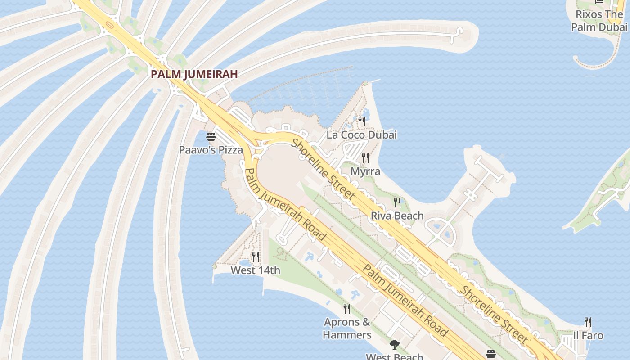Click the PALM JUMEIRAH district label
coord(194,74)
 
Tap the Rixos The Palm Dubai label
coord(599,21)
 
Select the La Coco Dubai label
coord(362,135)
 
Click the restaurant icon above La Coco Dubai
coord(362,121)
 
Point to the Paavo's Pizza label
coord(211,150)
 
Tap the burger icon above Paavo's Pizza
coord(211,137)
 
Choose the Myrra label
coord(365,171)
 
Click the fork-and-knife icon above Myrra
coord(365,158)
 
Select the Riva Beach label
coord(397,216)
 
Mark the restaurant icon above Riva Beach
coord(397,202)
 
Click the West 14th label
coord(255,270)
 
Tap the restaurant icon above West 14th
coord(256,257)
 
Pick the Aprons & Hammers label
coord(347,328)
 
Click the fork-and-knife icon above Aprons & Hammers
coord(347,309)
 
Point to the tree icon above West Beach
coord(395,345)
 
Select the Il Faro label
coord(588,335)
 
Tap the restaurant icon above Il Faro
coord(588,322)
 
